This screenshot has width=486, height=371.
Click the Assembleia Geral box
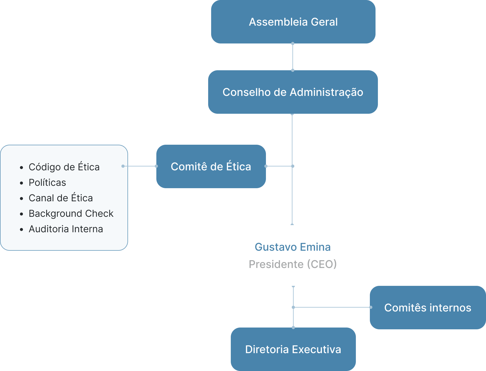pos(293,22)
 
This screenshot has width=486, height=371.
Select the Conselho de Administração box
pos(293,92)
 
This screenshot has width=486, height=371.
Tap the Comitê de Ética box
pos(211,166)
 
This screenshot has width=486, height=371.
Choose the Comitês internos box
pos(428,308)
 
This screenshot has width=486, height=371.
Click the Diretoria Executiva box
pos(293,349)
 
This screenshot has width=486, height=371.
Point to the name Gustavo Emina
pos(293,247)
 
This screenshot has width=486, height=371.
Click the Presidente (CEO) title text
pos(293,264)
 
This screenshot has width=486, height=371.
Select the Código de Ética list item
pos(64,167)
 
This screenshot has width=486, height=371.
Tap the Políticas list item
pos(47,183)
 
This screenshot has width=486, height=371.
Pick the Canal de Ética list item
pos(61,198)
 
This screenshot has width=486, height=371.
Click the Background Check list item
pos(71,213)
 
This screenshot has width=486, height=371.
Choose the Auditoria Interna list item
pos(66,229)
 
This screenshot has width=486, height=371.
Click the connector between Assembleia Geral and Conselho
pos(293,57)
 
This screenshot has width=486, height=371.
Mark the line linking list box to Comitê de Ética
pos(140,166)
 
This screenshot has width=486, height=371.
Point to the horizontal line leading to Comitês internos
pos(332,307)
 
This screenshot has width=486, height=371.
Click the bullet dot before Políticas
pos(21,183)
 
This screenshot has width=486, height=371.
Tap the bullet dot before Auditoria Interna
pos(21,230)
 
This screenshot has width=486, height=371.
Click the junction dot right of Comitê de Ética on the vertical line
pos(293,166)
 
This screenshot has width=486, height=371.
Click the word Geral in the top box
pos(324,22)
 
